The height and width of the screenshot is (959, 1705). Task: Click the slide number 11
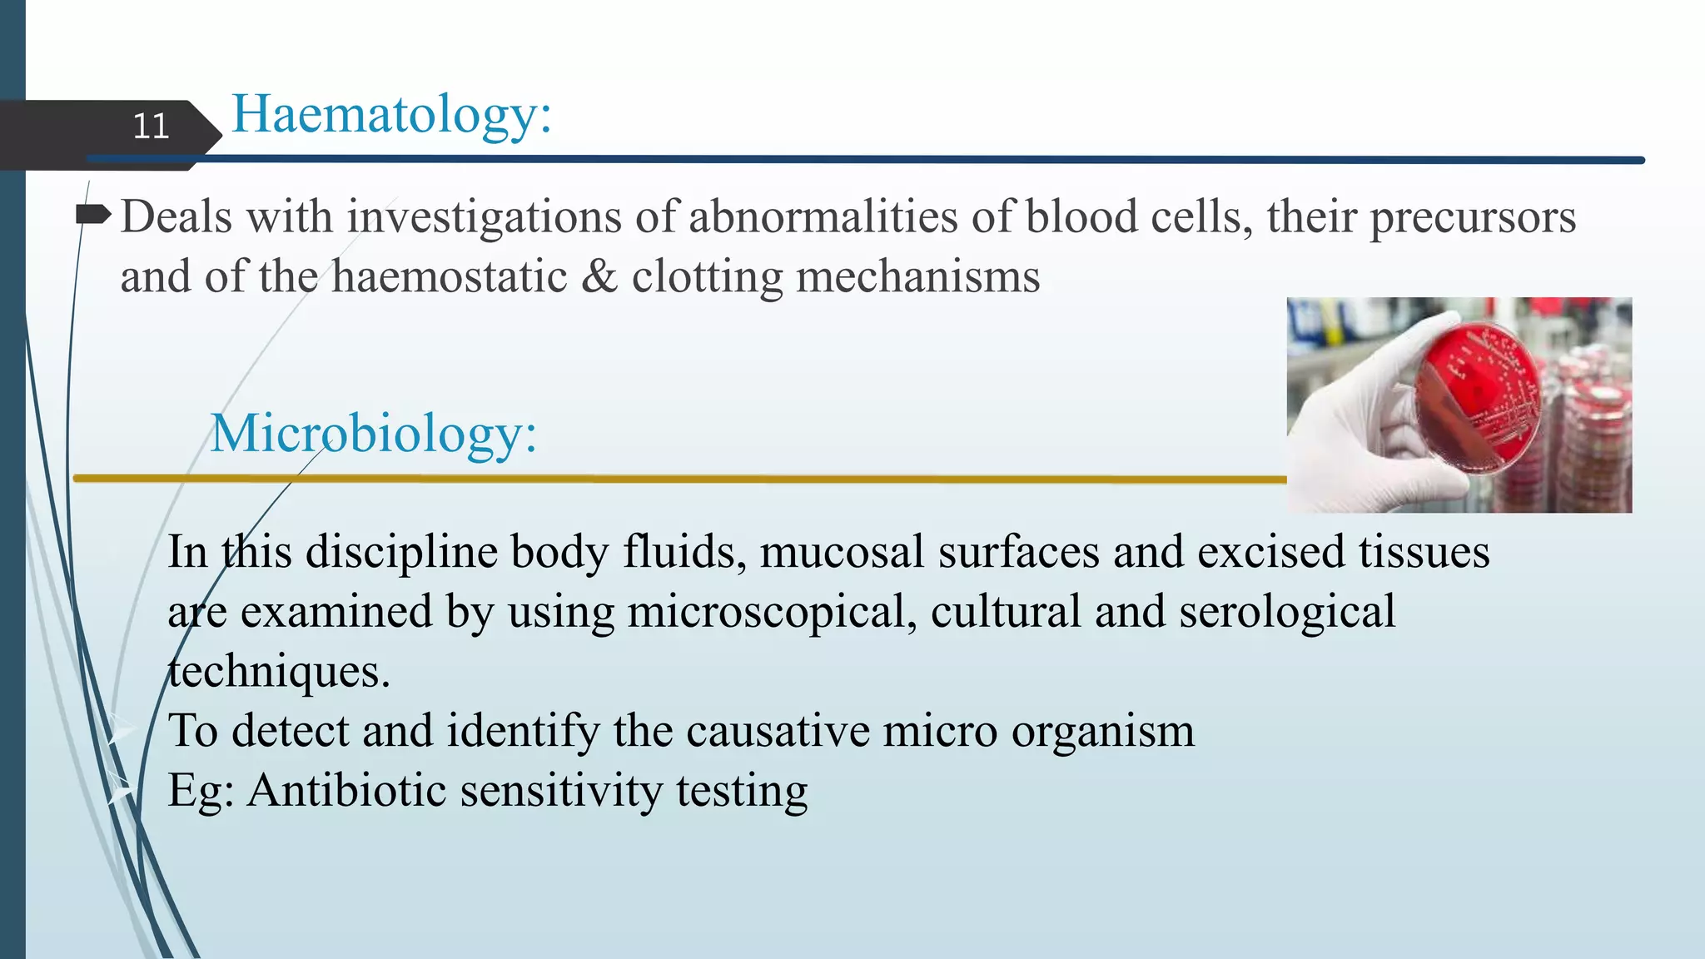point(151,127)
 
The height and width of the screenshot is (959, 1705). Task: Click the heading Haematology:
point(391,114)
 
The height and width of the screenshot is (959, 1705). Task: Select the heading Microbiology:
point(373,434)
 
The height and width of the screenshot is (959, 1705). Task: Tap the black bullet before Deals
point(92,216)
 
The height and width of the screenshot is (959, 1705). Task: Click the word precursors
point(1472,217)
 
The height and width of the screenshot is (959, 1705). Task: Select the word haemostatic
point(449,276)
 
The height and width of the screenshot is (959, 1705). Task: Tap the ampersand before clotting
point(599,276)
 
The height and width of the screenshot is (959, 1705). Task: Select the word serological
point(1286,612)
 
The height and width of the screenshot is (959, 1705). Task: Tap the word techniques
point(279,672)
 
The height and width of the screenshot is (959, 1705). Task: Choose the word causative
point(778,731)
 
